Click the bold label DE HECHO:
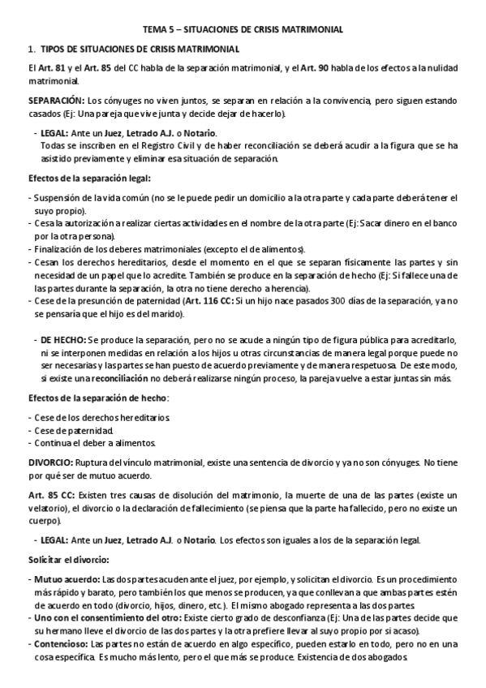tap(62, 338)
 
